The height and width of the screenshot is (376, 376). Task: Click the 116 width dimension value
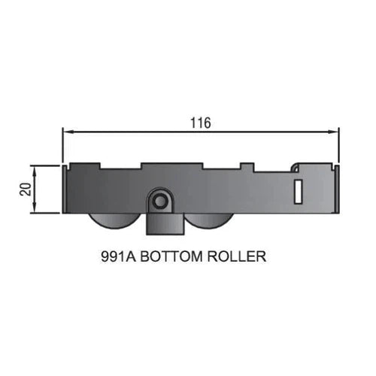(x=201, y=123)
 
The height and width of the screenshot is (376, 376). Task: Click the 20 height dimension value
(x=26, y=190)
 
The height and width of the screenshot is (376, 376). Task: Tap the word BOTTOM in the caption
(x=171, y=256)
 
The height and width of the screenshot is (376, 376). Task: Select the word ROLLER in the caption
(x=237, y=256)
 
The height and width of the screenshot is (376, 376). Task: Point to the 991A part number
(x=118, y=256)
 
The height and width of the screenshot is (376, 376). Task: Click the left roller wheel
(x=114, y=221)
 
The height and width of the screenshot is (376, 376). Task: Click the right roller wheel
(x=210, y=221)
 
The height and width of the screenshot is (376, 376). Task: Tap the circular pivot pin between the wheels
(x=159, y=201)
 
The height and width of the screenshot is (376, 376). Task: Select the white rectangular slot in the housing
(x=298, y=192)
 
